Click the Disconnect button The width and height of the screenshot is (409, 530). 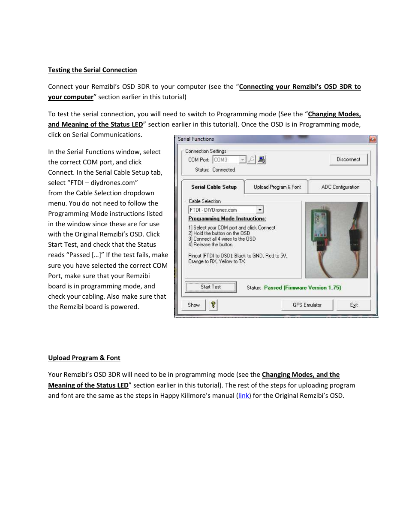[348, 160]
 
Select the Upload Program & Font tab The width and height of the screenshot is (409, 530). [277, 187]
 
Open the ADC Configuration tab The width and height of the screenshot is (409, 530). [340, 187]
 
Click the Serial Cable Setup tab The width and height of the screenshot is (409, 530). [214, 187]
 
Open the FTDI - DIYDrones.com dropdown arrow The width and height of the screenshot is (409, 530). [260, 210]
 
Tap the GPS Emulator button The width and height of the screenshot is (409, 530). [307, 305]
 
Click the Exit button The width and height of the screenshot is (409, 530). [353, 305]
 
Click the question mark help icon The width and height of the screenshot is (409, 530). [213, 305]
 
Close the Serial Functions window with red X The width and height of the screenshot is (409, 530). [373, 139]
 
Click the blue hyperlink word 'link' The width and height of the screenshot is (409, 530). [244, 396]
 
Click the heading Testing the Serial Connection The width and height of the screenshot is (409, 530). [93, 70]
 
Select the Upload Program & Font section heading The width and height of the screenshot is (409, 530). [84, 358]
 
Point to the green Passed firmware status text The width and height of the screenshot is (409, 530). [302, 288]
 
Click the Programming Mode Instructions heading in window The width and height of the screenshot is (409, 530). [227, 219]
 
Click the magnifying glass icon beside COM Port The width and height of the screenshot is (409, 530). [251, 160]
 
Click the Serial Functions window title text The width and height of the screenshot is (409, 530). [196, 139]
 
